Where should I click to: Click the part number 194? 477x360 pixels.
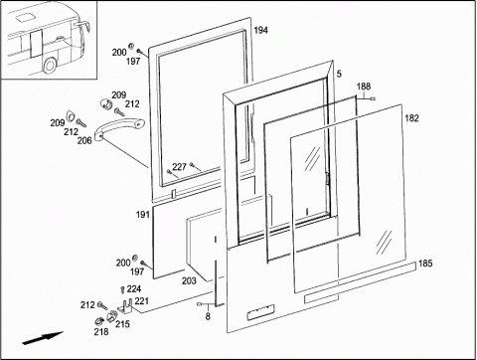click(x=260, y=30)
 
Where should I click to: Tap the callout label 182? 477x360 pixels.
click(x=411, y=118)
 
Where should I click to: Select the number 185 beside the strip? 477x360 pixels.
click(x=425, y=264)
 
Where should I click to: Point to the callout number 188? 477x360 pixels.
click(x=364, y=87)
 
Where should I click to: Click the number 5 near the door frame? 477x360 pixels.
click(x=339, y=74)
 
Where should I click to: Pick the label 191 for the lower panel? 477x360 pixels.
click(x=143, y=215)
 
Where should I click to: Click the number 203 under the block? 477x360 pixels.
click(x=189, y=280)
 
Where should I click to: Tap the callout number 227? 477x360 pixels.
click(x=179, y=167)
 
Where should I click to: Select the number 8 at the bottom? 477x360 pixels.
click(x=208, y=316)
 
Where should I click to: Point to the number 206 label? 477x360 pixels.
click(x=84, y=140)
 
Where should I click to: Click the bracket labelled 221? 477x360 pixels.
click(x=126, y=306)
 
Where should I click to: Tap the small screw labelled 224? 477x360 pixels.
click(x=122, y=289)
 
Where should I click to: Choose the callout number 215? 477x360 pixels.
click(x=122, y=324)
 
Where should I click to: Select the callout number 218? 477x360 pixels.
click(x=101, y=331)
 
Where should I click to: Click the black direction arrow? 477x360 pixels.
click(x=43, y=338)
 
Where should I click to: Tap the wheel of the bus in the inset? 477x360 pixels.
click(x=50, y=66)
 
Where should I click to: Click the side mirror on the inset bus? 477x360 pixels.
click(x=84, y=25)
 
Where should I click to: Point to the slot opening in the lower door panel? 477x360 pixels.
click(x=261, y=311)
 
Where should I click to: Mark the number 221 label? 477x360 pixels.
click(x=142, y=301)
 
